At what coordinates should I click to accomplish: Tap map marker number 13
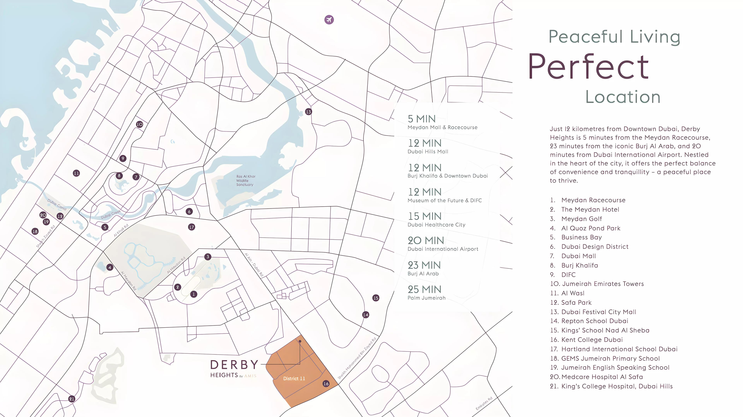coord(308,112)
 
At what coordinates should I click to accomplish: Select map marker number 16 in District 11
coord(326,384)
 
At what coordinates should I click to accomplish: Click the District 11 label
coord(294,378)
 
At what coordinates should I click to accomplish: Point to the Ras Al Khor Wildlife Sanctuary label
coord(246,180)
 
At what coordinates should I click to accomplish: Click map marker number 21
coord(72,399)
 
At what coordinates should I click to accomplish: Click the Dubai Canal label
coord(57,205)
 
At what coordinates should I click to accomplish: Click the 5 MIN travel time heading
coord(421,119)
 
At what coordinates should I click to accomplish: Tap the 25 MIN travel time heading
coord(424,289)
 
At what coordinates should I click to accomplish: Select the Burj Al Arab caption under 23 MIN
coord(423,274)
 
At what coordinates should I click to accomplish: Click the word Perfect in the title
coord(588,67)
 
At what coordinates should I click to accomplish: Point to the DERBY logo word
coord(234,365)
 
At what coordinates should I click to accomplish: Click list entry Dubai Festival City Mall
coord(598,312)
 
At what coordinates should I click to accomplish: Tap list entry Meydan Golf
coord(581,219)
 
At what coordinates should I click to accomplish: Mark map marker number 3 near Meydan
coord(208,257)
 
